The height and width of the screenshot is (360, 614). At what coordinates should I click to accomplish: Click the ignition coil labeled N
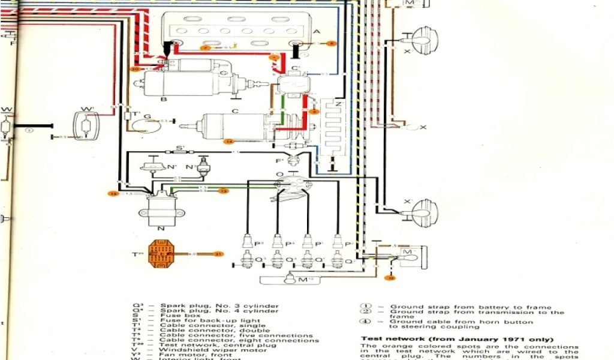(153, 211)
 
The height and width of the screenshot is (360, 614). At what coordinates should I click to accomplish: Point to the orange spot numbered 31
(218, 254)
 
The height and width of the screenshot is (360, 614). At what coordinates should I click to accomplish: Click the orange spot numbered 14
(228, 142)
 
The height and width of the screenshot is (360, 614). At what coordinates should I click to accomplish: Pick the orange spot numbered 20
(135, 70)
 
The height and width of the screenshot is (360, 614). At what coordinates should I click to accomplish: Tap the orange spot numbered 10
(390, 277)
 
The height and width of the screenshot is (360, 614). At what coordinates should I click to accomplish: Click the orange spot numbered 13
(222, 191)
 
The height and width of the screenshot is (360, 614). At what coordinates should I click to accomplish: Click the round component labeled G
(144, 124)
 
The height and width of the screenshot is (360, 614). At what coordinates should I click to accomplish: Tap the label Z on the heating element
(339, 104)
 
